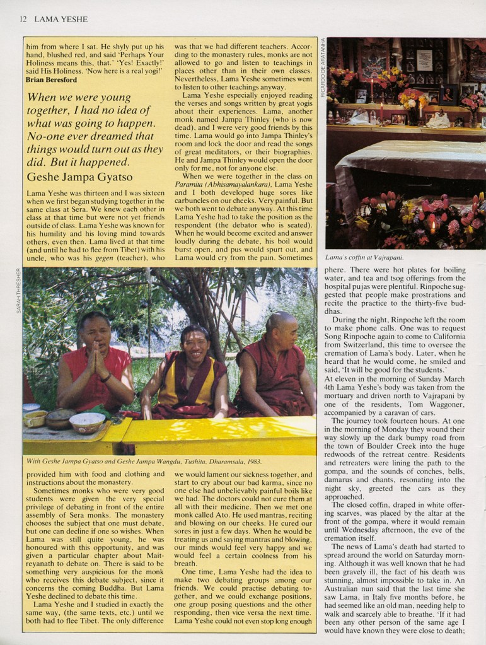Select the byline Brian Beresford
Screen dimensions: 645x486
pyautogui.click(x=52, y=79)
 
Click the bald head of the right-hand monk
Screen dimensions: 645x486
pyautogui.click(x=280, y=323)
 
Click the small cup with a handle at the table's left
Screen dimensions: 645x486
pyautogui.click(x=34, y=419)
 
